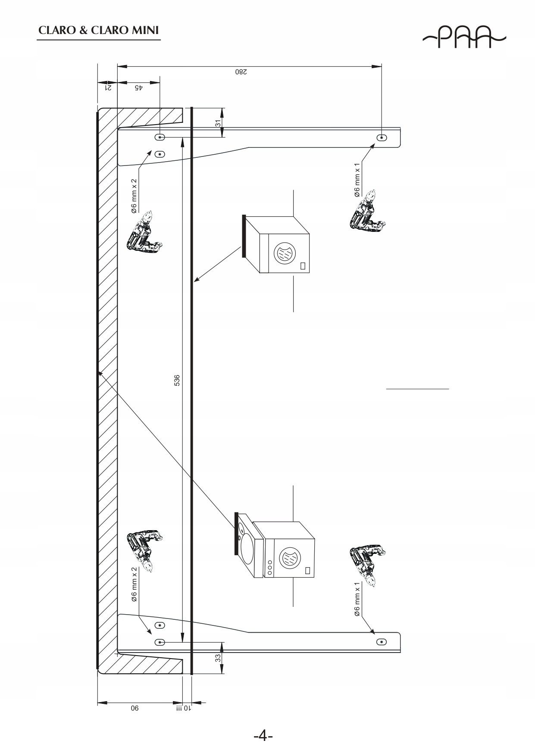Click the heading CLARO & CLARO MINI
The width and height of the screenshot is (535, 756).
coord(98,31)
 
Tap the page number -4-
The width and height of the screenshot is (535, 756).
coord(263,735)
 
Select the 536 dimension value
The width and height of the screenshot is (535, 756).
coord(177,381)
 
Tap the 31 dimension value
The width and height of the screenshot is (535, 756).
coord(218,123)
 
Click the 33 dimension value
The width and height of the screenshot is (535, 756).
coord(218,658)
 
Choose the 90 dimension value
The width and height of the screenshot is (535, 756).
coord(135,708)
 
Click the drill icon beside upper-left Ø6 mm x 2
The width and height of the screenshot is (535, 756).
coord(144,232)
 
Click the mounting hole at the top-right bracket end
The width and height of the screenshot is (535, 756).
coord(382,137)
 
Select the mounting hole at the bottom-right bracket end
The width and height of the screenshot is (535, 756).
coord(382,642)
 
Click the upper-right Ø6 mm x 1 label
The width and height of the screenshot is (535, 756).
coord(357,180)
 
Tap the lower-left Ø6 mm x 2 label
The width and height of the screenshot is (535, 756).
coord(134,584)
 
